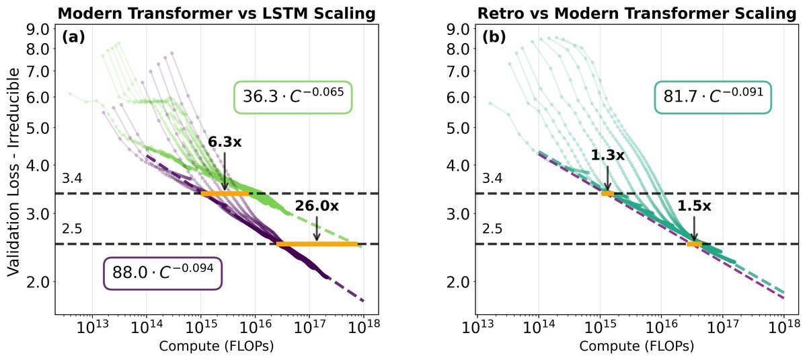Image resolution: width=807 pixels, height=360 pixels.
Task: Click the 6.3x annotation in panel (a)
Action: click(224, 142)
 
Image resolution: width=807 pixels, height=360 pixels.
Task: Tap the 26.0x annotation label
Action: click(316, 207)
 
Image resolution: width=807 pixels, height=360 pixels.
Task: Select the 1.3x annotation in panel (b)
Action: click(607, 155)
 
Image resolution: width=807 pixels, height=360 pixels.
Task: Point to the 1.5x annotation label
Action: click(693, 207)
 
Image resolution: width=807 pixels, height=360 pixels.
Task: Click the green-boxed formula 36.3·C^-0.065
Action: click(293, 97)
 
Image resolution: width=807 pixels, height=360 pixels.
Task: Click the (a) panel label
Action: click(73, 38)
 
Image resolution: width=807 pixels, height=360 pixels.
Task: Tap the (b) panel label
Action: click(494, 38)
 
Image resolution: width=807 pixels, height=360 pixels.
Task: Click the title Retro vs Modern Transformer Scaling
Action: click(636, 13)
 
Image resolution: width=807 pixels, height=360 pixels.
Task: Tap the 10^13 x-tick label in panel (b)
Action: click(477, 329)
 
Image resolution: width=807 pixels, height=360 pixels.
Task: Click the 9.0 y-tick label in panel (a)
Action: click(38, 29)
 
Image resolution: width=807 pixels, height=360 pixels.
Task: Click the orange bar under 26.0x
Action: click(317, 244)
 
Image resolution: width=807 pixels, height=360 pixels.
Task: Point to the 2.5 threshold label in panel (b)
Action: click(492, 229)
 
